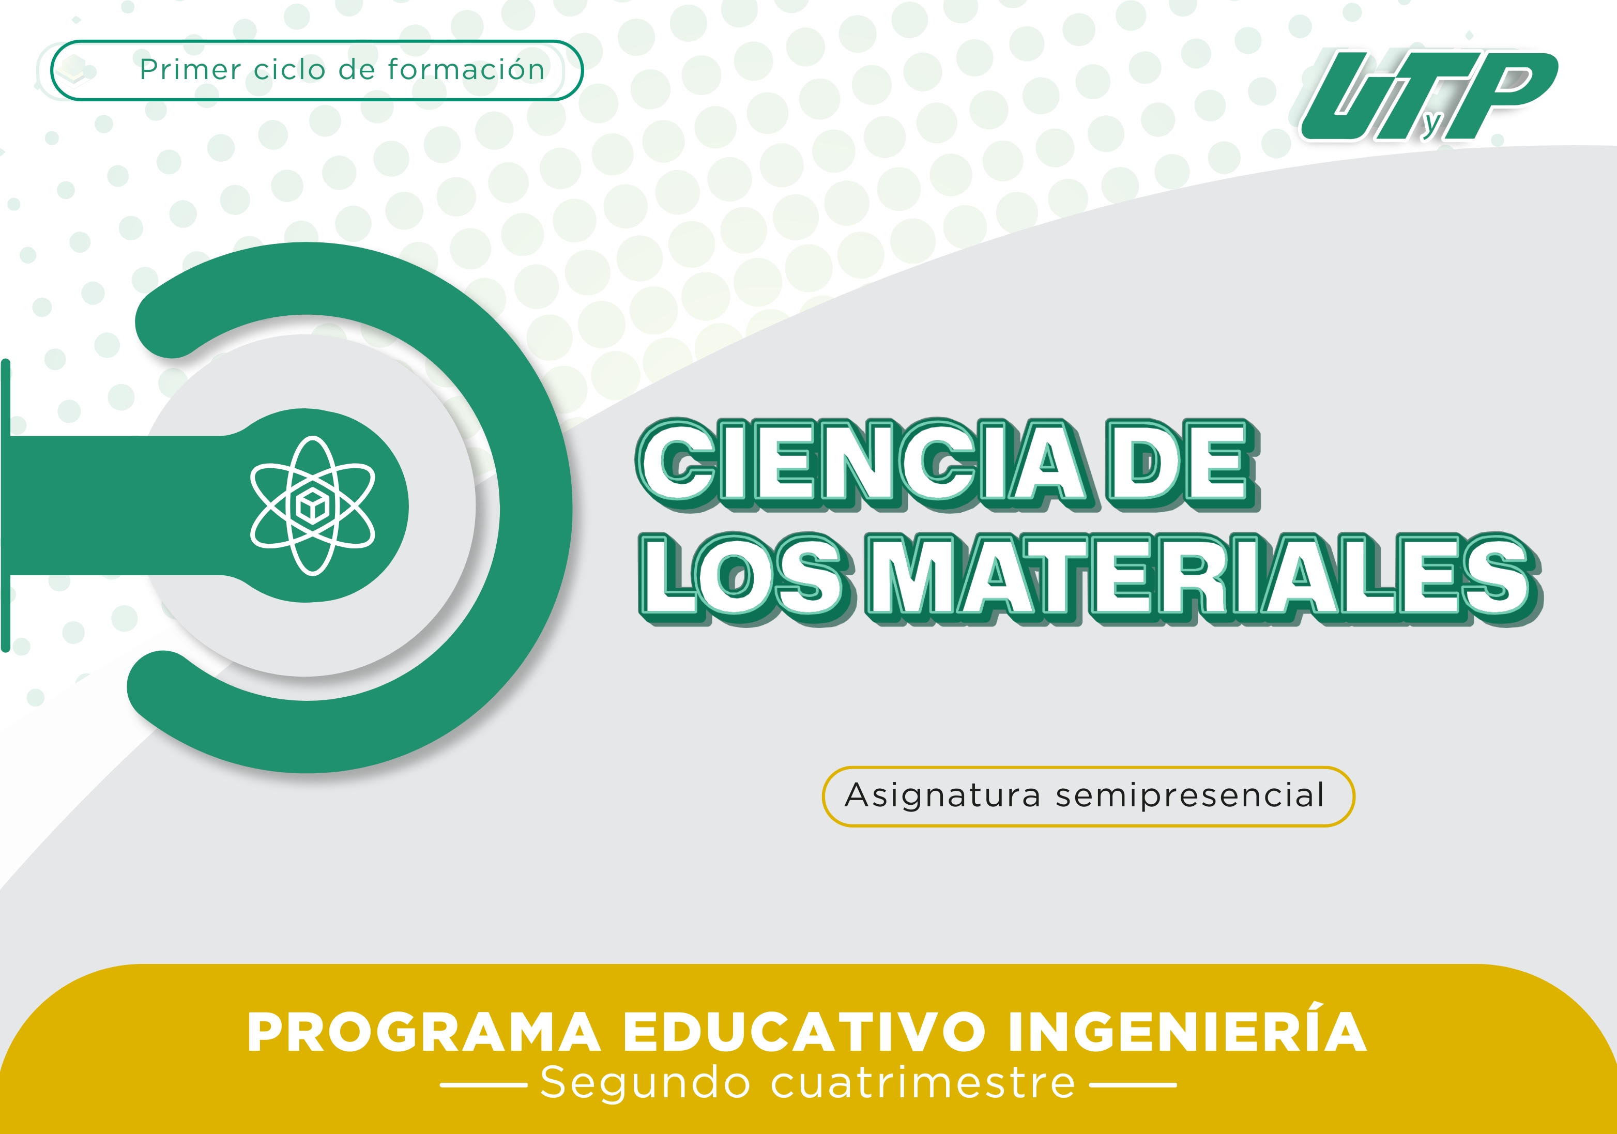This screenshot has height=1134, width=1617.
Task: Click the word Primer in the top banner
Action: (x=191, y=70)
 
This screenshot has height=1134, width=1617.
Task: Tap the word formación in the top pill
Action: (x=466, y=69)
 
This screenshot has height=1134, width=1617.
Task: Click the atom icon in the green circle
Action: (x=313, y=505)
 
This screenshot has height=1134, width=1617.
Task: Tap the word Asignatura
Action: (x=942, y=796)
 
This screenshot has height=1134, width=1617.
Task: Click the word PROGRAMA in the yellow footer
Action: (x=424, y=1033)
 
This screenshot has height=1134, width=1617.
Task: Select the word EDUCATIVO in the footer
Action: (x=804, y=1033)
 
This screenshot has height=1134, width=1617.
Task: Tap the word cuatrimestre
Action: (x=923, y=1083)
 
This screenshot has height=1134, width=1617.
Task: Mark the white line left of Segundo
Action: (x=484, y=1085)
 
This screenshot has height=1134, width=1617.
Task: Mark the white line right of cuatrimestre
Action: (x=1133, y=1085)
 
